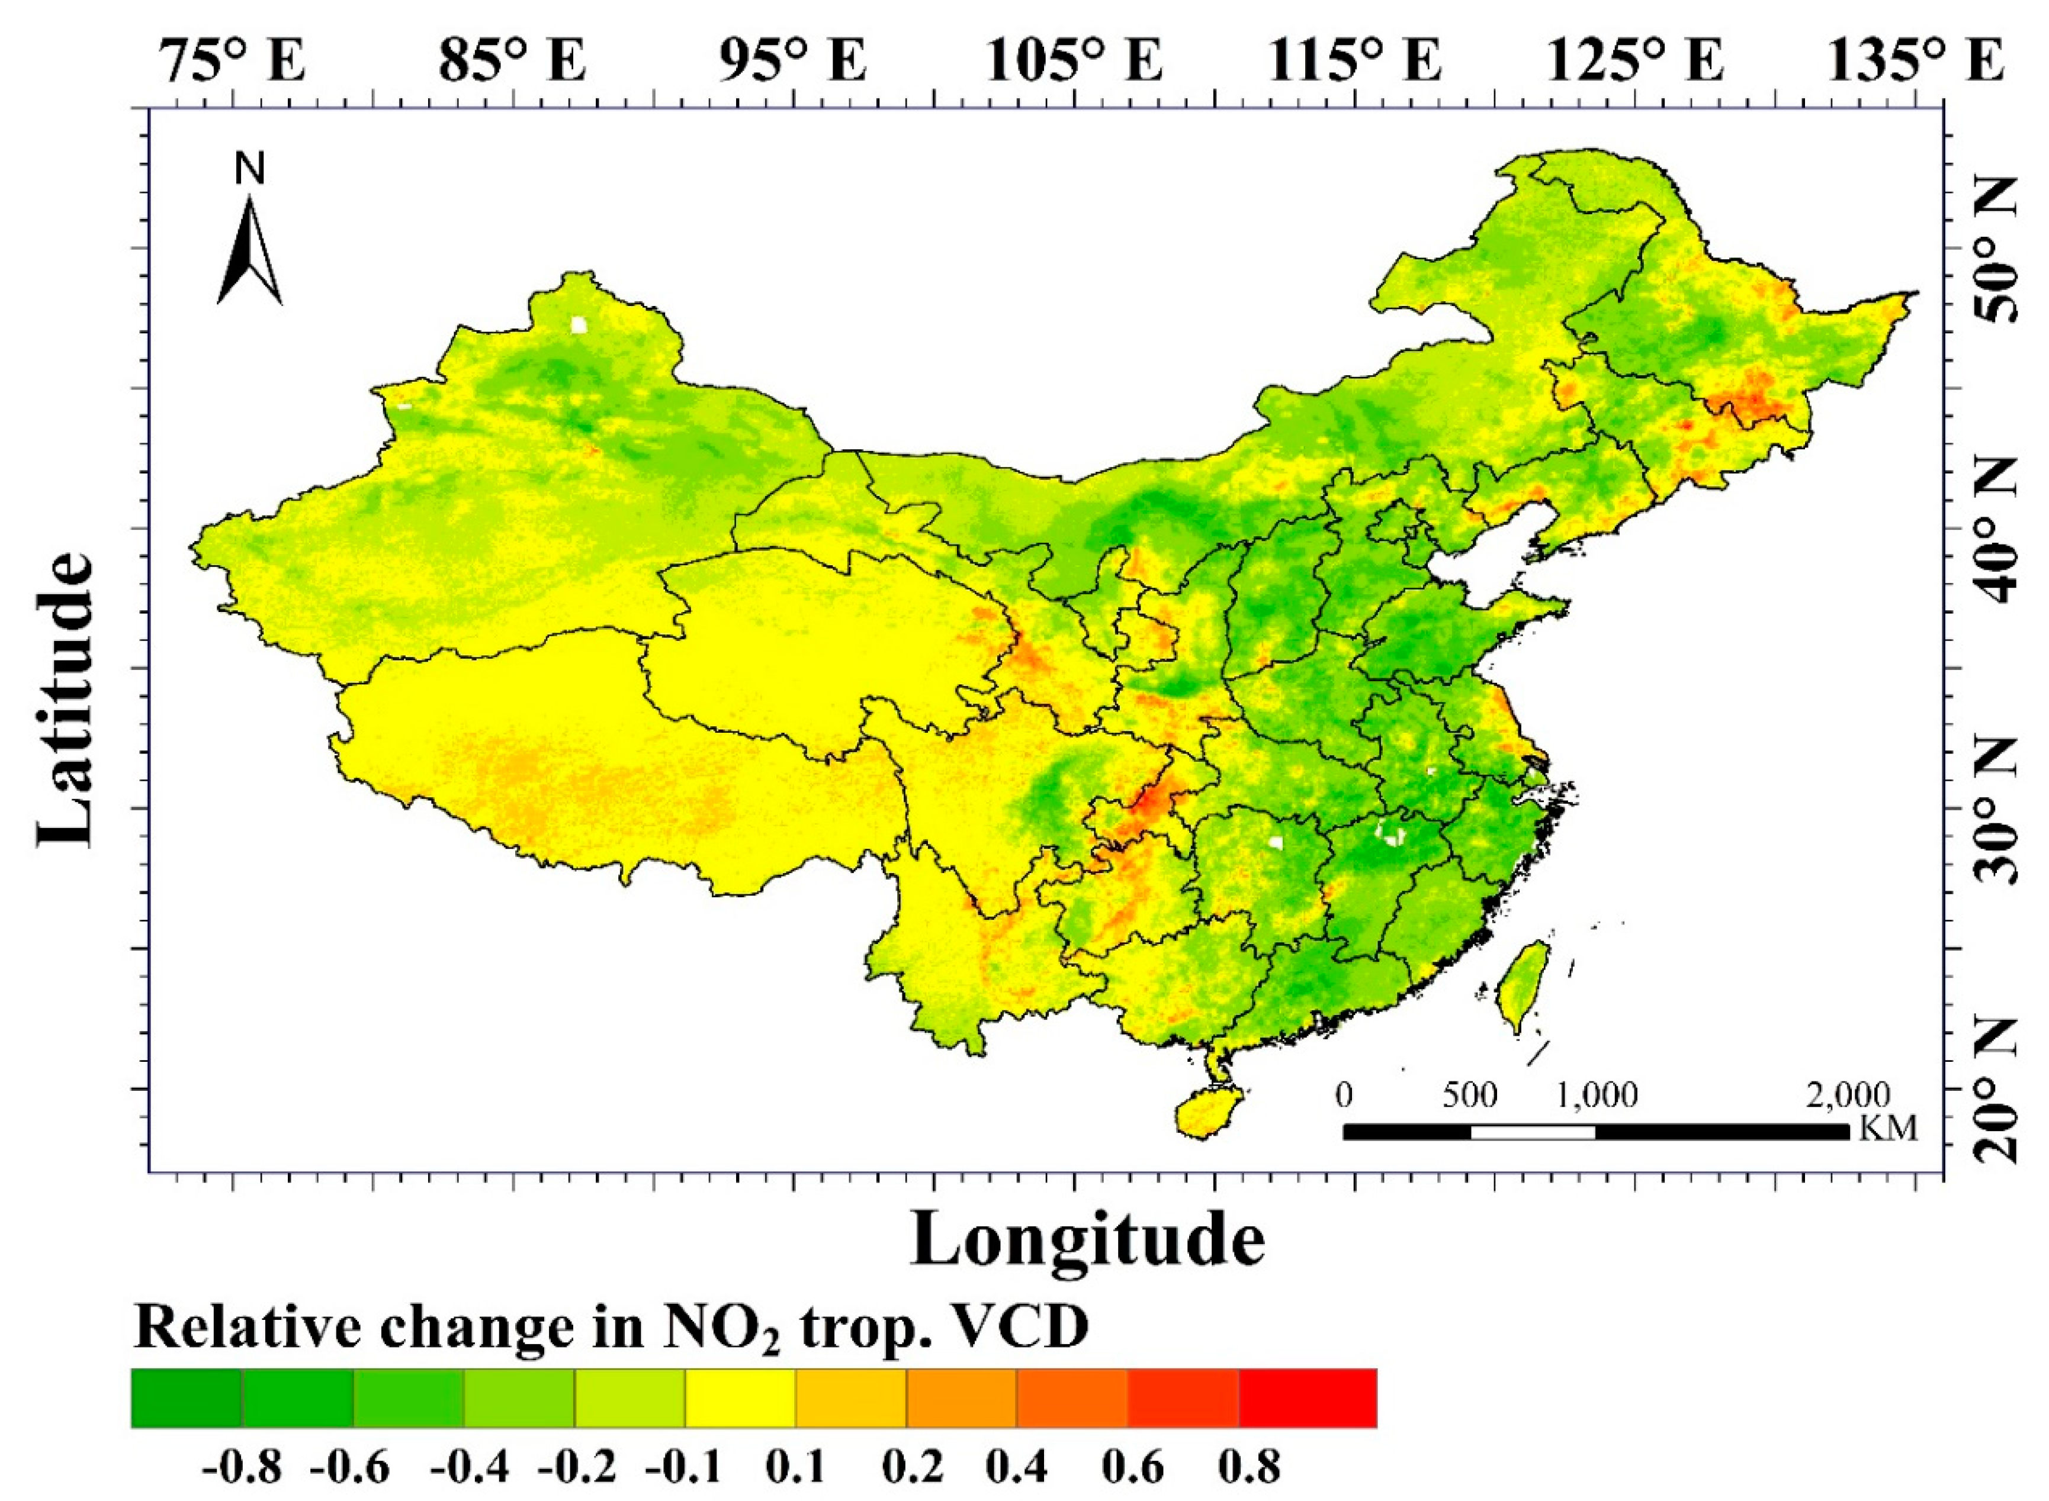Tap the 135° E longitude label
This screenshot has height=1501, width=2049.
coord(1916,62)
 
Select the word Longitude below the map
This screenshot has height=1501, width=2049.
coord(1087,1239)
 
